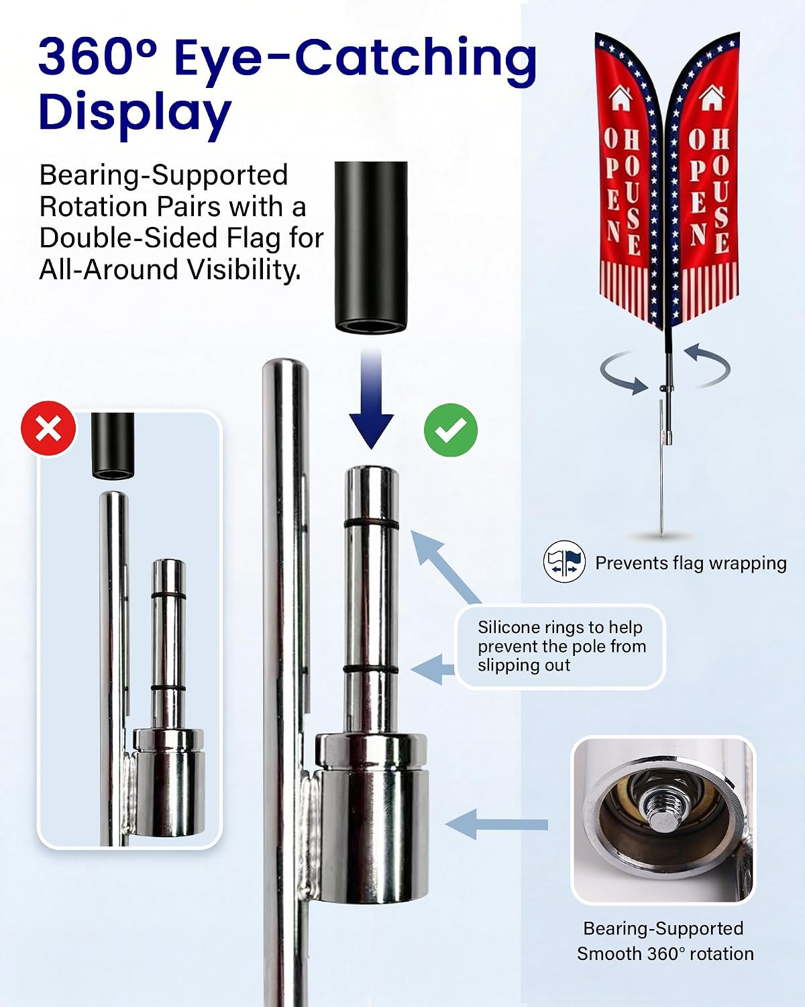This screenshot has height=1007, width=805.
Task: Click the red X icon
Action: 48,428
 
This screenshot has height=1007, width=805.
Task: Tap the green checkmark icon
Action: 450,430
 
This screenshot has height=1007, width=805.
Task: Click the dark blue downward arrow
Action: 371,397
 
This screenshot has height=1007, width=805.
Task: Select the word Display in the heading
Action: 135,112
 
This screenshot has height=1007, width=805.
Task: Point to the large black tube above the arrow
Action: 371,247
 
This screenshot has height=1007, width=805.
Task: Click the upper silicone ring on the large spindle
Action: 372,524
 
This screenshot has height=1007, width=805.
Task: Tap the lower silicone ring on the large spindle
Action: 371,669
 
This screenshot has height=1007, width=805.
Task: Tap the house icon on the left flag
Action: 621,98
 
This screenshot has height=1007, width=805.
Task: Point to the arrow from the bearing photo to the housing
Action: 496,824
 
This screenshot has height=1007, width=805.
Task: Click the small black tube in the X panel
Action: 113,446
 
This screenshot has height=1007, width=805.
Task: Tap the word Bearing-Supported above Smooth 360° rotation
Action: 663,928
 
